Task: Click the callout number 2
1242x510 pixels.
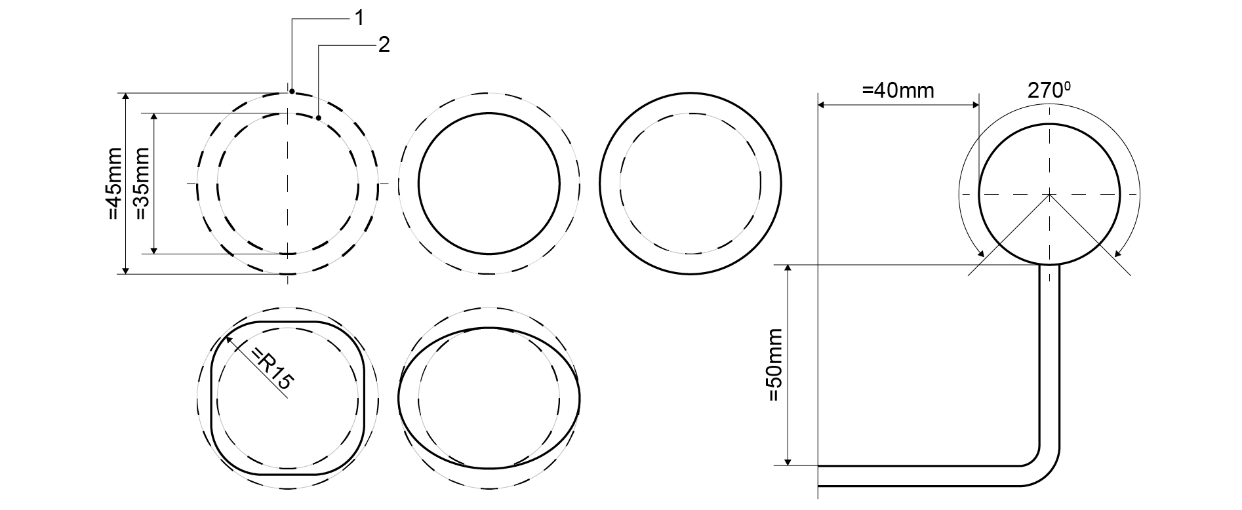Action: [x=384, y=45]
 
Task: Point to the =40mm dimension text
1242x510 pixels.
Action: [x=898, y=90]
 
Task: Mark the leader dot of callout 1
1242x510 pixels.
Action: [x=292, y=91]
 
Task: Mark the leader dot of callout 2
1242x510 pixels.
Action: [x=318, y=118]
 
